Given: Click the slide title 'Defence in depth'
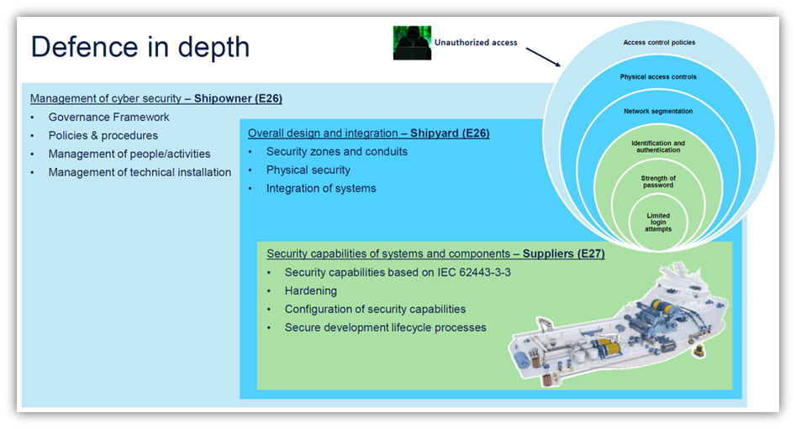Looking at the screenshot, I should click(x=140, y=46).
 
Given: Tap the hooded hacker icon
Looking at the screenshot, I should click(x=412, y=43).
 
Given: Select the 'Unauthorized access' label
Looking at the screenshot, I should click(x=476, y=42).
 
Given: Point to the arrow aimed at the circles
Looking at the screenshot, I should click(x=543, y=58).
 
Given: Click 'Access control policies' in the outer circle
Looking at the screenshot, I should click(x=659, y=42).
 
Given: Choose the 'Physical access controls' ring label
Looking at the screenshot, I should click(x=658, y=76).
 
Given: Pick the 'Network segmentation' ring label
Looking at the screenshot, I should click(x=658, y=111).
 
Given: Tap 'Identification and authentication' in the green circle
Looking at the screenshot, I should click(x=658, y=147).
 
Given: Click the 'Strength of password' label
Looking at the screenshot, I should click(x=658, y=181).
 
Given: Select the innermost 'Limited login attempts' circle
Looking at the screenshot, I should click(x=658, y=222).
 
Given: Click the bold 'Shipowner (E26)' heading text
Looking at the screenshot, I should click(x=238, y=98).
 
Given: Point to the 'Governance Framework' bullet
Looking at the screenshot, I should click(x=108, y=117).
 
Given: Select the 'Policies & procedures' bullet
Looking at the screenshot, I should click(x=103, y=135).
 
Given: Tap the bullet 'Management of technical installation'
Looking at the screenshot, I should click(x=140, y=172).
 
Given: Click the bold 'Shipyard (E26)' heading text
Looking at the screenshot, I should click(x=449, y=133).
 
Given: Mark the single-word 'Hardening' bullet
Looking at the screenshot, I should click(x=310, y=290).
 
